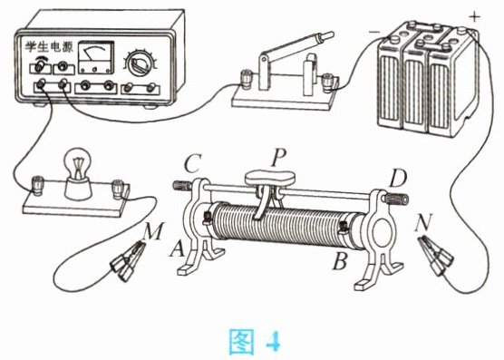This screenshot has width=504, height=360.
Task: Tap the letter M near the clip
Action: point(152,231)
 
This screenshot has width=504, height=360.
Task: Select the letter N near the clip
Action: point(422,222)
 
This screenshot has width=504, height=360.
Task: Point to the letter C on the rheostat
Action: point(193,163)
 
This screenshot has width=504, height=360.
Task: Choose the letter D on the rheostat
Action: point(398,179)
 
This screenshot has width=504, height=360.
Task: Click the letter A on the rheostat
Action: point(178,248)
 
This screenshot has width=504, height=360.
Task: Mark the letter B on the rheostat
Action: point(340,260)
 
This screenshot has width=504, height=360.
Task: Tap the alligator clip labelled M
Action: point(127,262)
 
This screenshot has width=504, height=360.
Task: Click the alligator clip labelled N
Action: point(435,255)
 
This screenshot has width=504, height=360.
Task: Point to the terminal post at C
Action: point(183,186)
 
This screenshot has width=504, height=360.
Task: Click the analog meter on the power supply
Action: point(96,57)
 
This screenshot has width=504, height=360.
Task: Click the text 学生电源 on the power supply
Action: point(50,47)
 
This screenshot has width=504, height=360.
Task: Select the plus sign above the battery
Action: point(475,17)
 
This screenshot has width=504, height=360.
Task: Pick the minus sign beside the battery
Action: point(373,32)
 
